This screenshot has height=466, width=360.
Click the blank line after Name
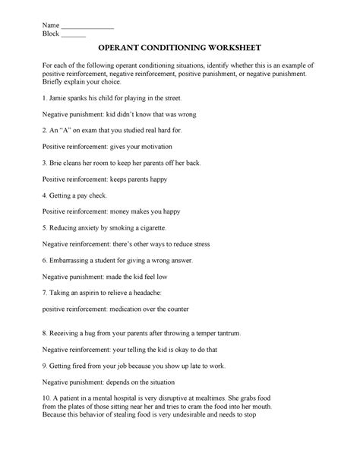point(87,27)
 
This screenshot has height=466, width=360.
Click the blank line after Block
point(73,36)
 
